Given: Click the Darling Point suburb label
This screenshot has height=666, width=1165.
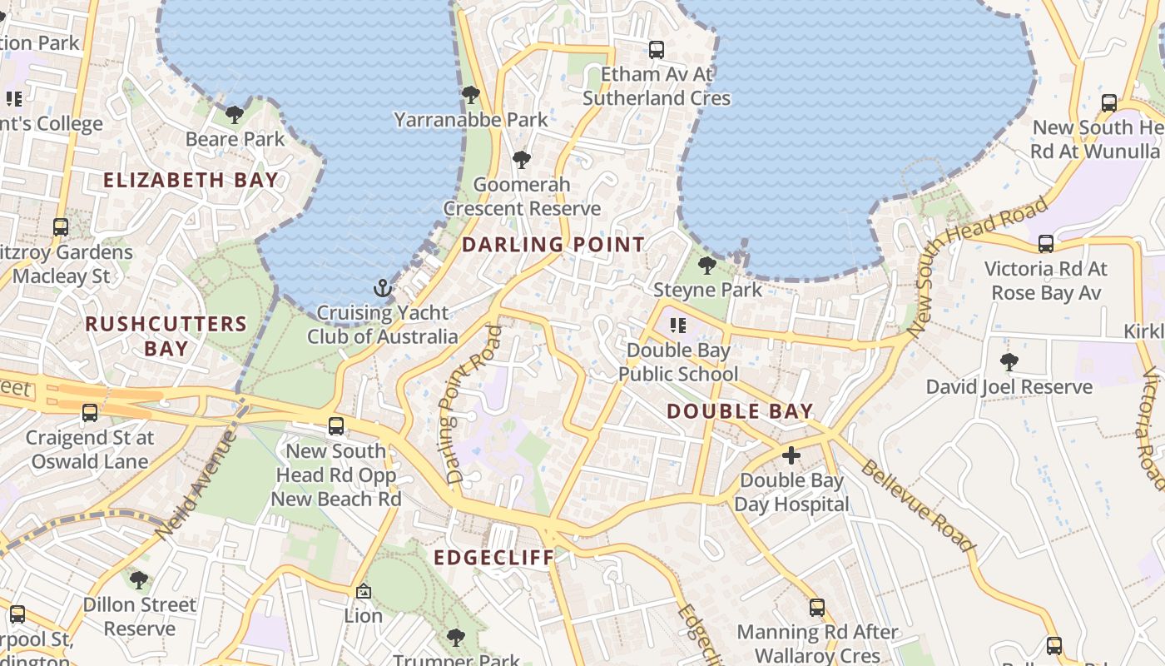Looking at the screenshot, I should point(553,245).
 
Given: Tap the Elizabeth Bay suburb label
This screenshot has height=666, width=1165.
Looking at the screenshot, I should point(191,180).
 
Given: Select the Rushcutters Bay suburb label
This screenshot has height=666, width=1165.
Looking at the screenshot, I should point(166,335).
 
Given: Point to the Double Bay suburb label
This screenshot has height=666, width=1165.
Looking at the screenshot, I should point(740,411).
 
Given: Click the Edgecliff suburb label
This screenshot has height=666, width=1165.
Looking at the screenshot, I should point(493,558).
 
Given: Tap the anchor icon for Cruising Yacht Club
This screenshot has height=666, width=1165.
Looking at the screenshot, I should point(382,289).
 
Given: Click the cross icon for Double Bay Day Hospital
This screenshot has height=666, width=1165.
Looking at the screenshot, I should point(791,455).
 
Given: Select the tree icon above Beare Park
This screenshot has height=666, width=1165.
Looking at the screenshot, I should point(235,114).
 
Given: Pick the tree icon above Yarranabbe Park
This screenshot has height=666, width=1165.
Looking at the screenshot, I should point(471,95).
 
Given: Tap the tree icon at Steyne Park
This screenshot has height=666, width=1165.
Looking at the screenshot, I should point(707,266).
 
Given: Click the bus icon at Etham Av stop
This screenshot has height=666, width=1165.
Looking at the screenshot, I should point(657,50).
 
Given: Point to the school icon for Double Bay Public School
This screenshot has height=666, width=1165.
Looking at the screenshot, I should point(677,326).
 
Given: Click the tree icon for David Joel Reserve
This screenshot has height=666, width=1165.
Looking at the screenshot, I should point(1009,362).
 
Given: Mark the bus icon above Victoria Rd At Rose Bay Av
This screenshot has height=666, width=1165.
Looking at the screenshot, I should point(1046,244).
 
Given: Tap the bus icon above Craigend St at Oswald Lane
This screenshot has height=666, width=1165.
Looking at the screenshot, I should point(89,413).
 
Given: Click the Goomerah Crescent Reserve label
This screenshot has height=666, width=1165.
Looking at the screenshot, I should point(522,196).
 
